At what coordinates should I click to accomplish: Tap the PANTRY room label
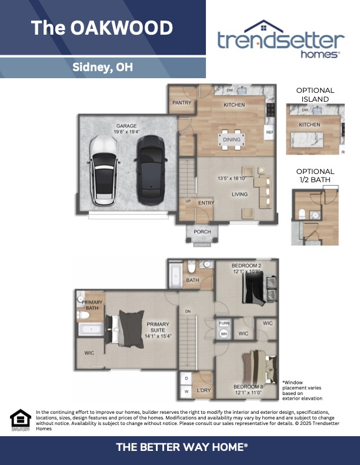(180, 102)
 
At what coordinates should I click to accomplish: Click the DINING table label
(231, 139)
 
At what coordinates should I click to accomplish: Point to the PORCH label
(202, 232)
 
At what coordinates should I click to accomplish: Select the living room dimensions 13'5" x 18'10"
(232, 178)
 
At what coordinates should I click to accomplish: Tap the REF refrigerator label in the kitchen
(269, 132)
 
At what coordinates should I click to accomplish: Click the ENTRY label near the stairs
(206, 203)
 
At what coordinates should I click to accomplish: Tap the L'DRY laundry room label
(204, 390)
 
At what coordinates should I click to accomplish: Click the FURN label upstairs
(224, 323)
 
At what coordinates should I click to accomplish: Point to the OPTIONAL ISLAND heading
(315, 95)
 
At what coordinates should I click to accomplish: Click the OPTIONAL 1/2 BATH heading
(315, 175)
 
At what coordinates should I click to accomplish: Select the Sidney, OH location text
(102, 67)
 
